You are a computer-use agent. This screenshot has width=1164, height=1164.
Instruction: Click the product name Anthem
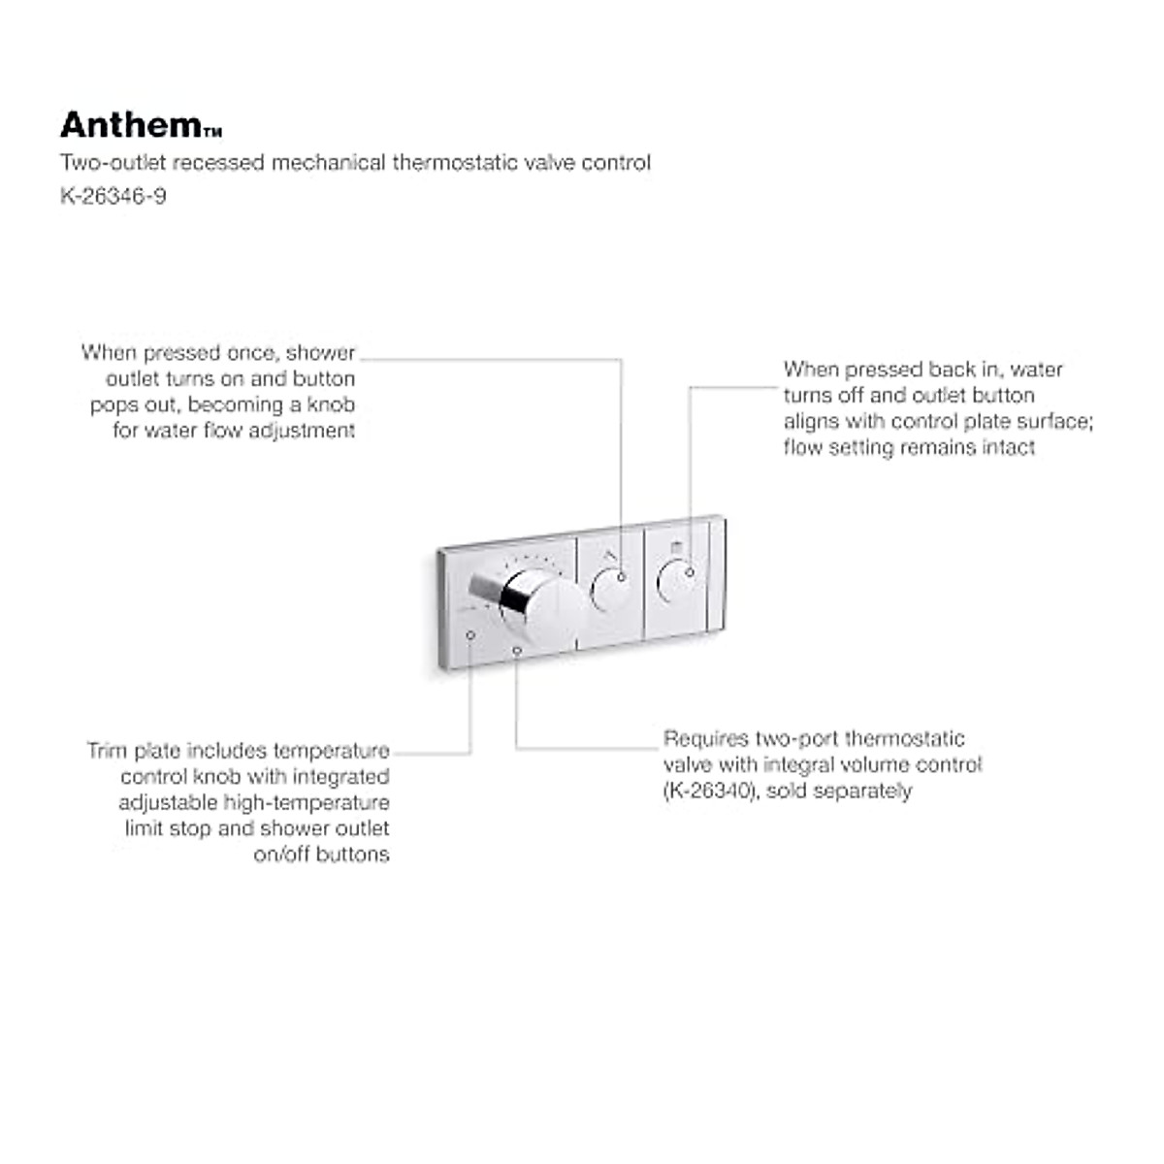point(130,124)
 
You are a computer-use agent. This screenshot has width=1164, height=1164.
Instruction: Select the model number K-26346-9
point(113,196)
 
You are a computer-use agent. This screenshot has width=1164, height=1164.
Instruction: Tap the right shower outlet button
point(678,582)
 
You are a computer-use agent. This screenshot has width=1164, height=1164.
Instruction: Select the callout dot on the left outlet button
point(622,577)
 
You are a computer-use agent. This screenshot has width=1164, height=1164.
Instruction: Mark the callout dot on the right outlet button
point(690,572)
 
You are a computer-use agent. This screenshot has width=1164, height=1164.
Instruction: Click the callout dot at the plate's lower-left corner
point(470,634)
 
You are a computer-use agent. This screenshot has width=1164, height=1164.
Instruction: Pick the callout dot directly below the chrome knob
point(517,651)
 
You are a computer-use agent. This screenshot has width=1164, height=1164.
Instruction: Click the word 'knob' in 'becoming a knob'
point(331,404)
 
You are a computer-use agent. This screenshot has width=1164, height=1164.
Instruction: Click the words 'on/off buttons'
point(321,855)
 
